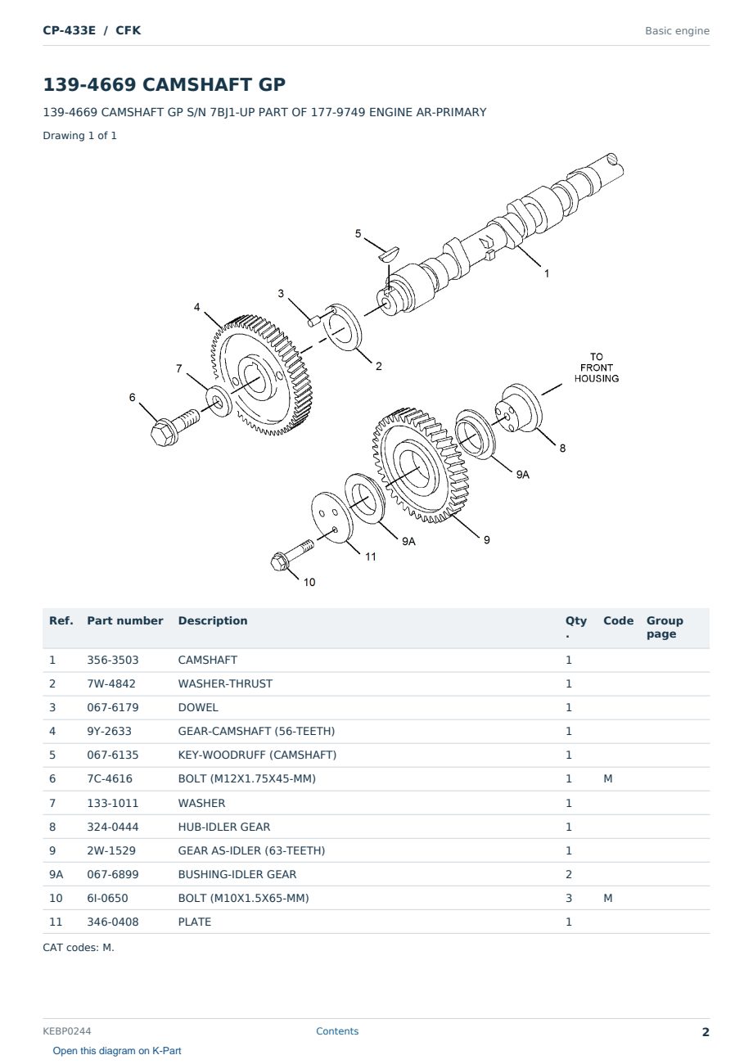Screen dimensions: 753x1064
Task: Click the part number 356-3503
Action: tap(113, 660)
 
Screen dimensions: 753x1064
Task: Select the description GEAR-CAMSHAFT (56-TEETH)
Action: tap(256, 731)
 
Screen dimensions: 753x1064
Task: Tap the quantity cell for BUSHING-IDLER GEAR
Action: tap(569, 874)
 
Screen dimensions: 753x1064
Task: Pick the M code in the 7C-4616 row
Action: tap(607, 778)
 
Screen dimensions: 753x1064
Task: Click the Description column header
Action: tap(212, 620)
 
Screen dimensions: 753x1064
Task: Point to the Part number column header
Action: tap(125, 620)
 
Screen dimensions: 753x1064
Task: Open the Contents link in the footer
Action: tap(337, 1030)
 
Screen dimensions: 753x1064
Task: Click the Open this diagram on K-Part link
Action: tap(117, 1050)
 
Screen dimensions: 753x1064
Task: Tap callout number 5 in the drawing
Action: tap(358, 233)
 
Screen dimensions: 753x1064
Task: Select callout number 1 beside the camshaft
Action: tap(547, 273)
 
